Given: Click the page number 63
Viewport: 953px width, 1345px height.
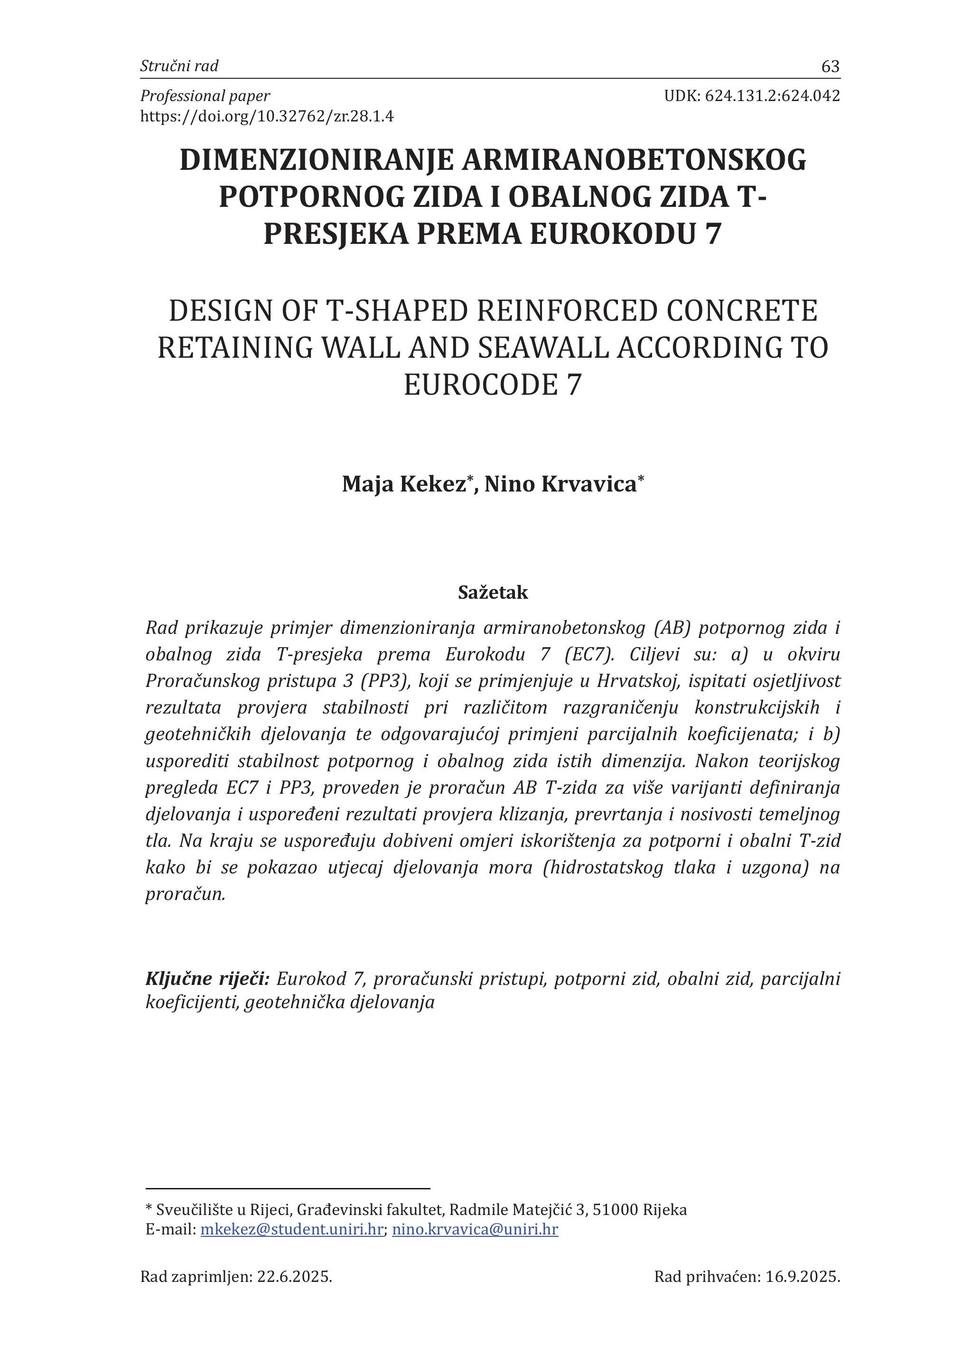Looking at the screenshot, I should coord(831,67).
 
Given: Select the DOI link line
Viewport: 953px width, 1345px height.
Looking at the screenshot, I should coord(267,117).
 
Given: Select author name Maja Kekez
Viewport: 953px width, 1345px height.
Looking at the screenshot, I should coord(404,484).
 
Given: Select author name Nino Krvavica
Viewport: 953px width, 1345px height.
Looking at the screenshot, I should coord(561,484).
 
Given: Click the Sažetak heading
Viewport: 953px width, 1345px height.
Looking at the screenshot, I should coord(493,593).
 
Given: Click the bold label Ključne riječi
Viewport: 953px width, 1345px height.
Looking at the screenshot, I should coord(207,978).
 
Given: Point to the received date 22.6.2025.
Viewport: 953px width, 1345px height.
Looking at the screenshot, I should coord(295,1277).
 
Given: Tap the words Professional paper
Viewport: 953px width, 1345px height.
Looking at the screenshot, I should coord(205,96).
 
